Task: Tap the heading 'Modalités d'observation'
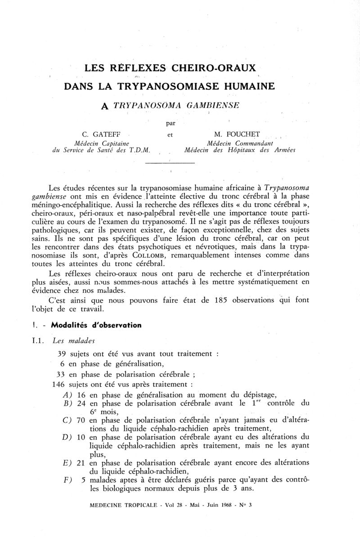click(96, 325)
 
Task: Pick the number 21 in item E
click(81, 463)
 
